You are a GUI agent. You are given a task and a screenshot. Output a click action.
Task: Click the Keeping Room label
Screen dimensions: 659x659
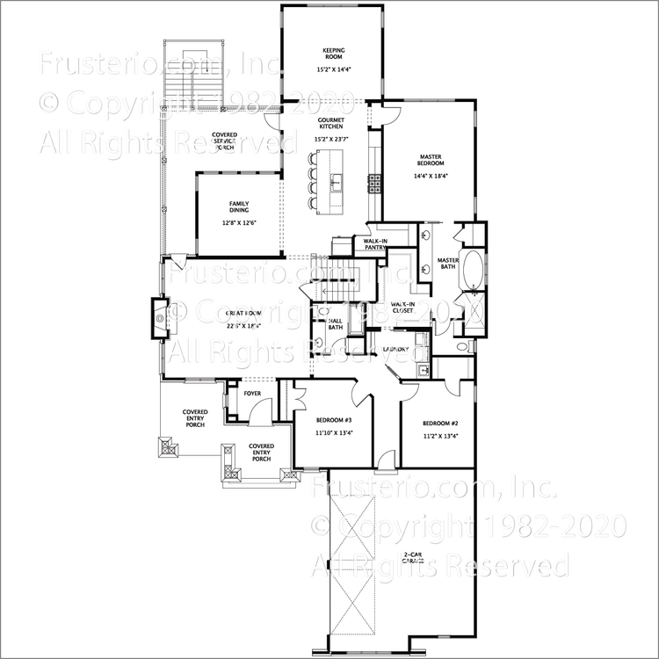point(331,54)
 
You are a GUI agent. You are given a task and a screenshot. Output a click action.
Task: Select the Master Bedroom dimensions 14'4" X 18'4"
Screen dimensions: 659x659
point(431,176)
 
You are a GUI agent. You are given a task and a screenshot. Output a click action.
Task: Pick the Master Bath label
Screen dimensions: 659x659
point(448,264)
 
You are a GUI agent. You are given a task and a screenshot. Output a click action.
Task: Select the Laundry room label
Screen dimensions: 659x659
point(395,350)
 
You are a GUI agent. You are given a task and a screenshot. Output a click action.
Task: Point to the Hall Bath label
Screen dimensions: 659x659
point(336,325)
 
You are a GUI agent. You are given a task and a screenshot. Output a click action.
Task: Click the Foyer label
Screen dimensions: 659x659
point(252,394)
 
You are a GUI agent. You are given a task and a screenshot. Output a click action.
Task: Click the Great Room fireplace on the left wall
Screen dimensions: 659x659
point(160,317)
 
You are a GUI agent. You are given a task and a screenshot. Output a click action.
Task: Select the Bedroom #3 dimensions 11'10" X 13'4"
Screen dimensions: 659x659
point(335,432)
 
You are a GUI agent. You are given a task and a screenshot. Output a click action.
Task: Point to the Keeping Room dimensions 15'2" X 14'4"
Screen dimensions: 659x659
point(331,69)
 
